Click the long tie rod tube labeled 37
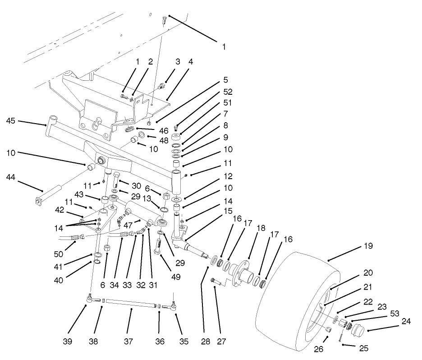pyautogui.click(x=131, y=303)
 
